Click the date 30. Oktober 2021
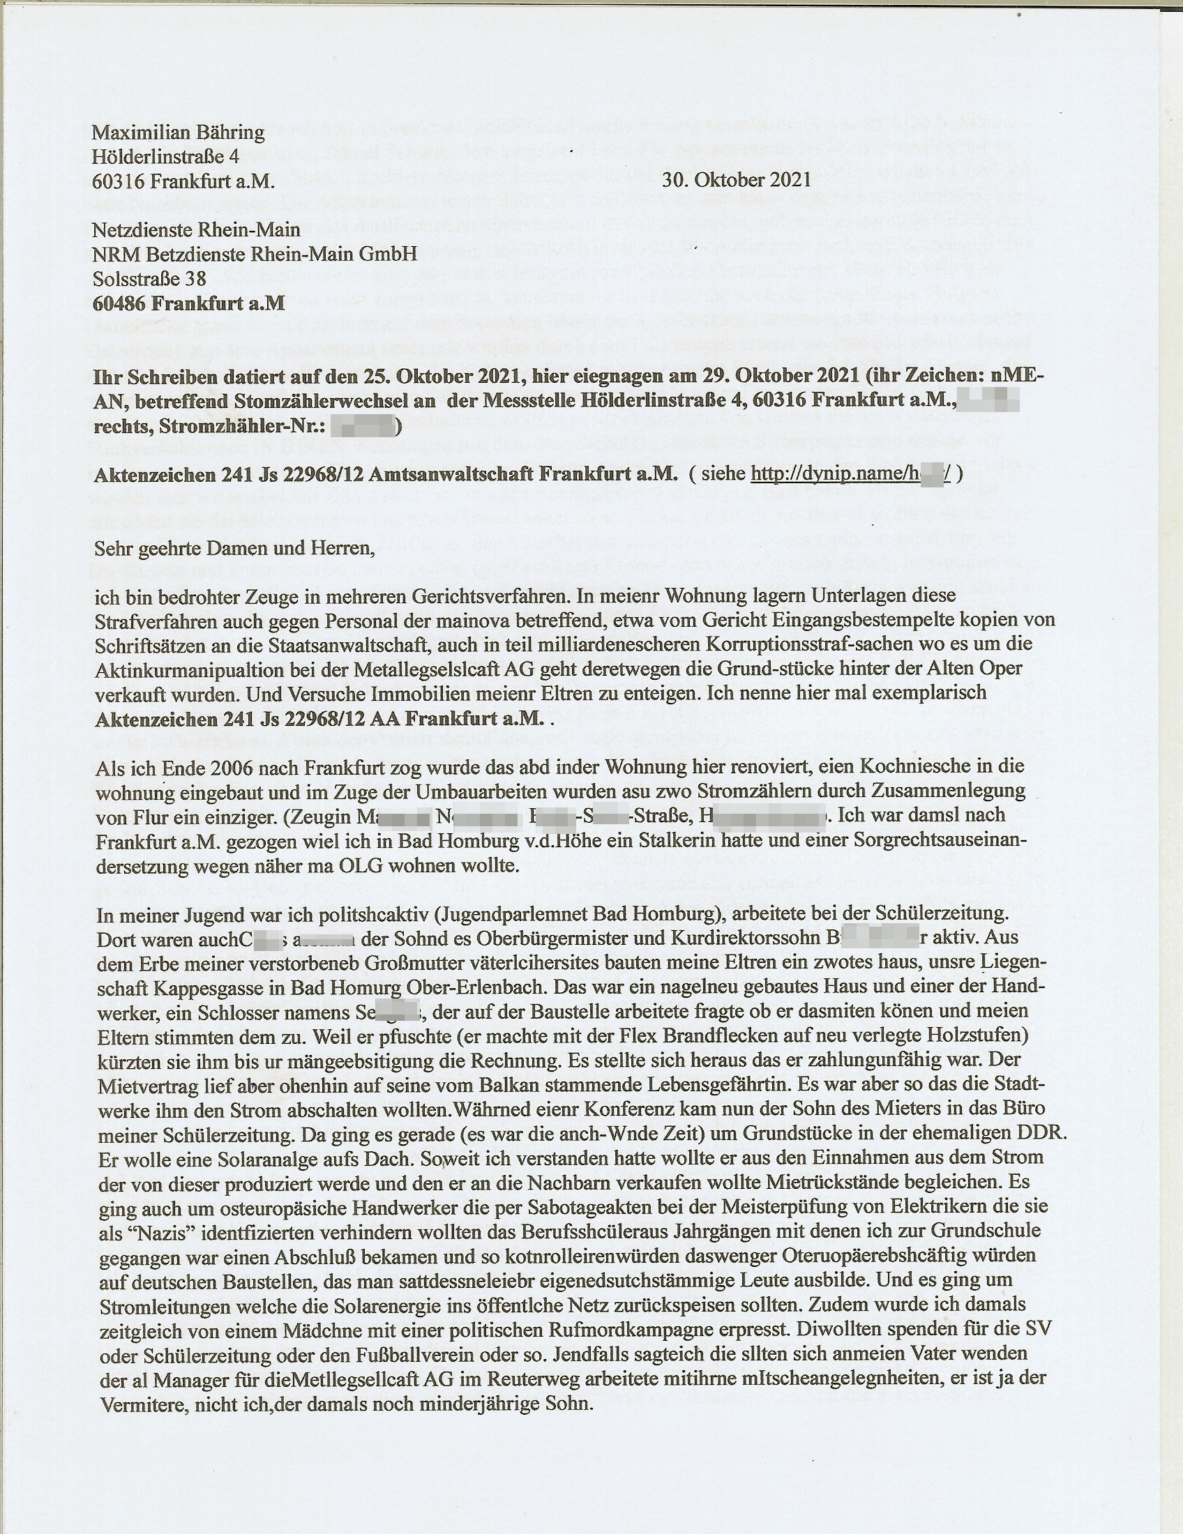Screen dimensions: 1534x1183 tap(736, 179)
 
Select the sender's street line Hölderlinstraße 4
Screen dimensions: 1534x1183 tap(166, 156)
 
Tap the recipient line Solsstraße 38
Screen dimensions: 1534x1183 tap(149, 279)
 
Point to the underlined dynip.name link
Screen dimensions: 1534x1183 tap(850, 473)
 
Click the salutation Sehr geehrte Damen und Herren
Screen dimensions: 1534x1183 tap(233, 547)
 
